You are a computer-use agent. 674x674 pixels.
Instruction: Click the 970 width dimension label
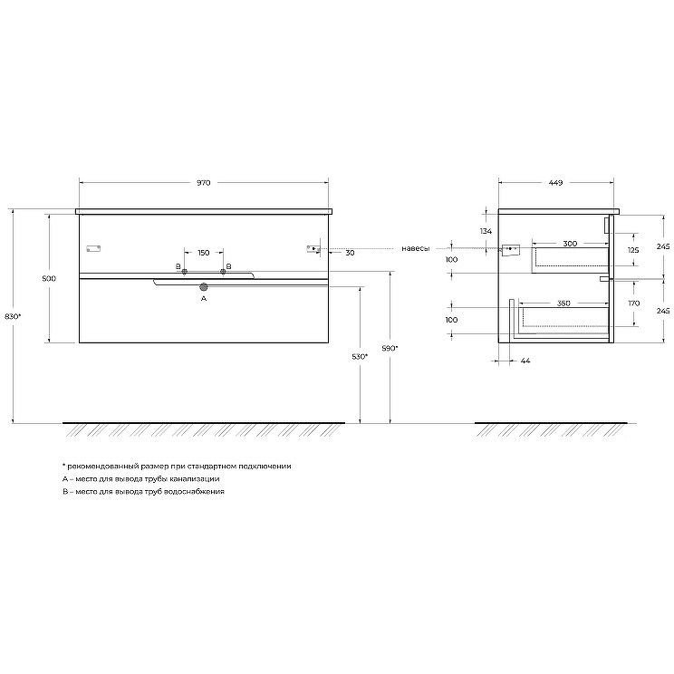click(203, 183)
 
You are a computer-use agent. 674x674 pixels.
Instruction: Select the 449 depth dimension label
click(555, 183)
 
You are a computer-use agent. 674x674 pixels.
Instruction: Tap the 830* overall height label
click(13, 316)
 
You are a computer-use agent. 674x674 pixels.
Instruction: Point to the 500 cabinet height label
click(49, 278)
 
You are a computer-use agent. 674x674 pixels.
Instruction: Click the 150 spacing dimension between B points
click(204, 253)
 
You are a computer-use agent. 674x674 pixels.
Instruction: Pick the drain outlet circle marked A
click(204, 286)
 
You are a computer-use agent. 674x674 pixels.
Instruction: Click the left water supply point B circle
click(185, 271)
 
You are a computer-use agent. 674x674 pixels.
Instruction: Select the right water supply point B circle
click(223, 271)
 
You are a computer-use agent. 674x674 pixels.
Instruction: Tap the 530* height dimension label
click(360, 356)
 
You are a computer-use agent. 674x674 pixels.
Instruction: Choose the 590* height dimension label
click(390, 348)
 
